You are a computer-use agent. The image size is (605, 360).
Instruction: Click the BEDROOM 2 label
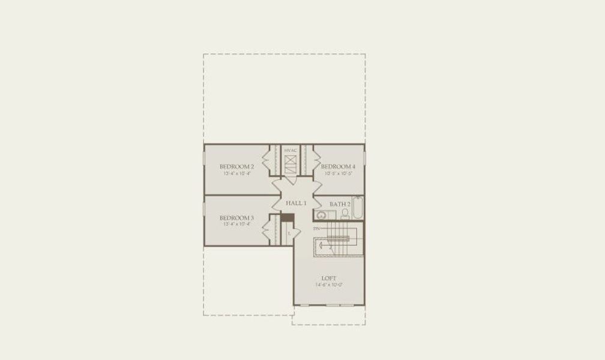(236, 166)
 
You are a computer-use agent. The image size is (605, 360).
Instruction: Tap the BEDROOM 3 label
(236, 217)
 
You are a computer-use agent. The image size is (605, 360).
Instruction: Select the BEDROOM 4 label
(338, 166)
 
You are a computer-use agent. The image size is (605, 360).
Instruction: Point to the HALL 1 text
(296, 203)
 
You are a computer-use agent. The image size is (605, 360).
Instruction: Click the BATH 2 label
(339, 204)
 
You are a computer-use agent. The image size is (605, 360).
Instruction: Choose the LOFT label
(329, 278)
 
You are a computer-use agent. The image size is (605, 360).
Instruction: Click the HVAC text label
(290, 150)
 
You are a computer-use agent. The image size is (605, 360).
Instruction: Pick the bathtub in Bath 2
(357, 208)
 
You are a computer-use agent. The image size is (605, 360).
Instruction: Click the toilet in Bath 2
(345, 214)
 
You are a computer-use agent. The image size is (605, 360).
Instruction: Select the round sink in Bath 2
(321, 215)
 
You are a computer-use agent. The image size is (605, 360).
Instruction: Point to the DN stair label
(316, 229)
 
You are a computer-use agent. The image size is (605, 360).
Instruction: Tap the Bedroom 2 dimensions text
(236, 173)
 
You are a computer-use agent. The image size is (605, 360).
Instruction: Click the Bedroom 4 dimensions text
(338, 173)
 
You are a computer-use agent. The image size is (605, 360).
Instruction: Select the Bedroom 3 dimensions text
(236, 224)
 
